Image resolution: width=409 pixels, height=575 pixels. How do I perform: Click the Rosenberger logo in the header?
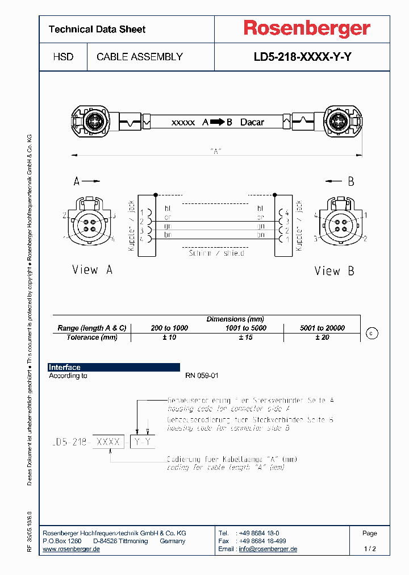[307, 28]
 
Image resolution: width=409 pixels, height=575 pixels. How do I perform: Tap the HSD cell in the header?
[63, 57]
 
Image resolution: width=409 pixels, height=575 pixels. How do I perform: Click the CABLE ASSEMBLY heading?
[140, 57]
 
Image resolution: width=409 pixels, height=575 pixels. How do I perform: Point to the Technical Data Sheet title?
[97, 29]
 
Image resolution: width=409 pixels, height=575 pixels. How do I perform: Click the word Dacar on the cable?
[252, 122]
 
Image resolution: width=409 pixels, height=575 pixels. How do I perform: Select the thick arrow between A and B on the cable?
[218, 122]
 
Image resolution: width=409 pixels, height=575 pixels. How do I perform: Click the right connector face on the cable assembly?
[336, 122]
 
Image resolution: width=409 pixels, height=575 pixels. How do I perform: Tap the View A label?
[92, 269]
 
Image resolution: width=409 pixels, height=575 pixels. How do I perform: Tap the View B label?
[335, 271]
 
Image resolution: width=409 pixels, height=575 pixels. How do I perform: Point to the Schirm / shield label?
[216, 253]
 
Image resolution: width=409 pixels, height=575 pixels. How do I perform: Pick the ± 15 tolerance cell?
[245, 338]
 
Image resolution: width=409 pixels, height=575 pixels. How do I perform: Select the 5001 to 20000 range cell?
[322, 328]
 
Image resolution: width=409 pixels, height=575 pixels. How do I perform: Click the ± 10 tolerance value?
[169, 338]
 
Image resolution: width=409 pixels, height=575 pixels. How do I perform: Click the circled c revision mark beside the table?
[371, 334]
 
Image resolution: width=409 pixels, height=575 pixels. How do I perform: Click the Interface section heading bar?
[114, 368]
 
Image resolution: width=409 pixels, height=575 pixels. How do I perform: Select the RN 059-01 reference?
[202, 376]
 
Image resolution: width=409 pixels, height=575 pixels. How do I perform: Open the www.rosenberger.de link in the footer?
[72, 549]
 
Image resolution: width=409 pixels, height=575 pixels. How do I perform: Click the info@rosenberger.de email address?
[268, 549]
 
